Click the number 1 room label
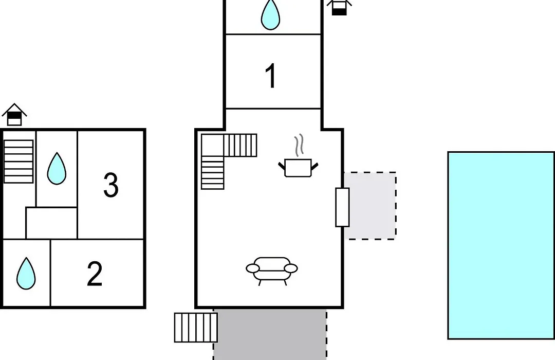pos(271,76)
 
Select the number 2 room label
pos(95,274)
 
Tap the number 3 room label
pos(111,185)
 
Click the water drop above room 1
pos(270,14)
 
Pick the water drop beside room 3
pos(57,169)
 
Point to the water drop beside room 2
pos(26,274)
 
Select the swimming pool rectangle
pos(501,245)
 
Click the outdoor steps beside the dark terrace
pos(196,328)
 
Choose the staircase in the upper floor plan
pos(18,161)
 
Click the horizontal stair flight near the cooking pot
pos(240,145)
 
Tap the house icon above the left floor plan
pos(14,115)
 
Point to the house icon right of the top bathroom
pos(339,7)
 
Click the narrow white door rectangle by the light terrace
pos(342,207)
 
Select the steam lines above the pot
pos(299,145)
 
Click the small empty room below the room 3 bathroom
pos(51,223)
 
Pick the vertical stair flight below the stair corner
pos(212,173)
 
